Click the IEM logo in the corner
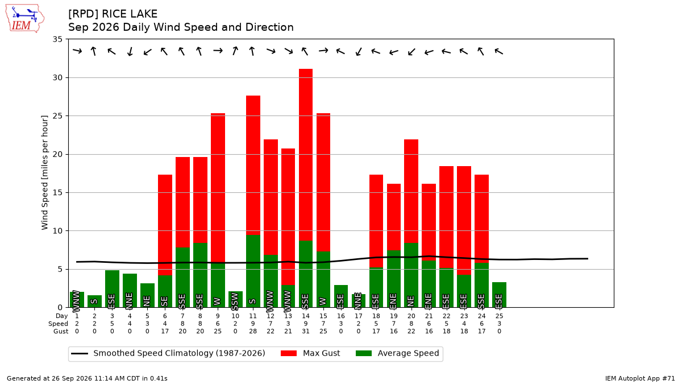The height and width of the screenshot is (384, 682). click(x=25, y=18)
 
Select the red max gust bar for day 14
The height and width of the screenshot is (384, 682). click(x=306, y=155)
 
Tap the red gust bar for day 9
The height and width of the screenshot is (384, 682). click(x=218, y=188)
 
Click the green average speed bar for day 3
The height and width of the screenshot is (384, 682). click(x=112, y=288)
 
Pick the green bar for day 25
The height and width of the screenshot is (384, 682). click(x=500, y=295)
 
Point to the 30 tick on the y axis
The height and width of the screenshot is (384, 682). click(x=57, y=78)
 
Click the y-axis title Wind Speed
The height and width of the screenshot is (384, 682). click(x=44, y=172)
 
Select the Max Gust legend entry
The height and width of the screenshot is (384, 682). click(x=310, y=353)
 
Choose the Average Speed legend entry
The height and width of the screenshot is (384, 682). click(x=397, y=353)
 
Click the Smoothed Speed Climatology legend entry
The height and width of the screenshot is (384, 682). click(x=168, y=353)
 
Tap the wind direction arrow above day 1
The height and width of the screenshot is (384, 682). click(x=77, y=51)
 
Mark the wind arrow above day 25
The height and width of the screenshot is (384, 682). click(x=499, y=51)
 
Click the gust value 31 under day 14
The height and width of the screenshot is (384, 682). click(x=306, y=331)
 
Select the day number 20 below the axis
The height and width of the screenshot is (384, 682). click(x=411, y=316)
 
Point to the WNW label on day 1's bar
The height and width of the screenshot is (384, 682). click(x=76, y=302)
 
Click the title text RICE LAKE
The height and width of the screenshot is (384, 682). click(x=130, y=14)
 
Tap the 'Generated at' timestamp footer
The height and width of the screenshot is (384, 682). click(x=87, y=378)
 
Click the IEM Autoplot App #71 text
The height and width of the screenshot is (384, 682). click(x=640, y=378)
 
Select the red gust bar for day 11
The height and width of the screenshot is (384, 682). click(x=253, y=166)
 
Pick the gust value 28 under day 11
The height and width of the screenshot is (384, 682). click(x=253, y=331)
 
